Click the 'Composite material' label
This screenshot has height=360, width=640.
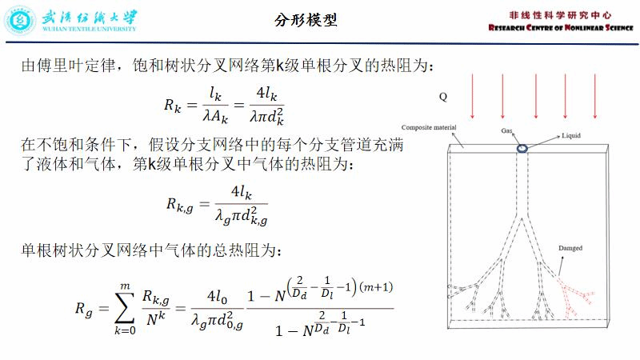429,128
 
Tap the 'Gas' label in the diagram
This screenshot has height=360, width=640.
507,130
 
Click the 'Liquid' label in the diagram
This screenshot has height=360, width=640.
573,136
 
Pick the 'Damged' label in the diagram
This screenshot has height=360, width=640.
570,249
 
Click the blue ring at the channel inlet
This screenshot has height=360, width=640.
522,149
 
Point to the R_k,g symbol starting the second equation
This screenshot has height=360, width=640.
181,205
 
